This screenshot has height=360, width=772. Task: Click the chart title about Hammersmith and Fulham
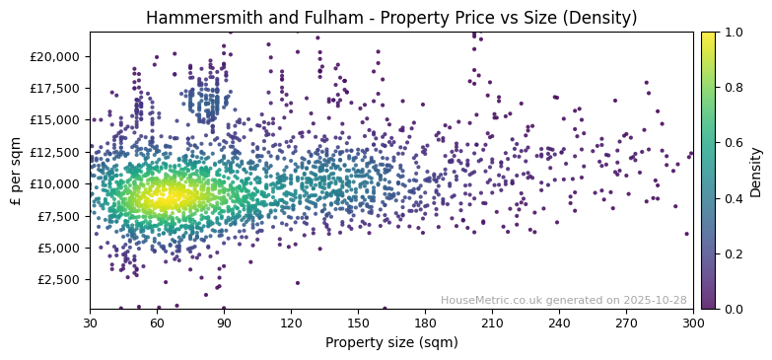click(391, 18)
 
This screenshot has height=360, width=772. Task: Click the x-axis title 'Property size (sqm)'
click(391, 342)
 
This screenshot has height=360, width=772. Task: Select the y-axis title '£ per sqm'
click(16, 171)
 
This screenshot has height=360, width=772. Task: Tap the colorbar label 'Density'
click(756, 171)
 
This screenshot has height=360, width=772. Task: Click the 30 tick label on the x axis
click(90, 323)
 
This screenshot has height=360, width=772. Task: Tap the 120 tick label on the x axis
click(291, 323)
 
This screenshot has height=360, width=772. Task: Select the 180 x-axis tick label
click(425, 323)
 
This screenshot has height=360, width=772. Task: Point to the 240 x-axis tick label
click(559, 323)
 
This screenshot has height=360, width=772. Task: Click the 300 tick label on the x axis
click(693, 323)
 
